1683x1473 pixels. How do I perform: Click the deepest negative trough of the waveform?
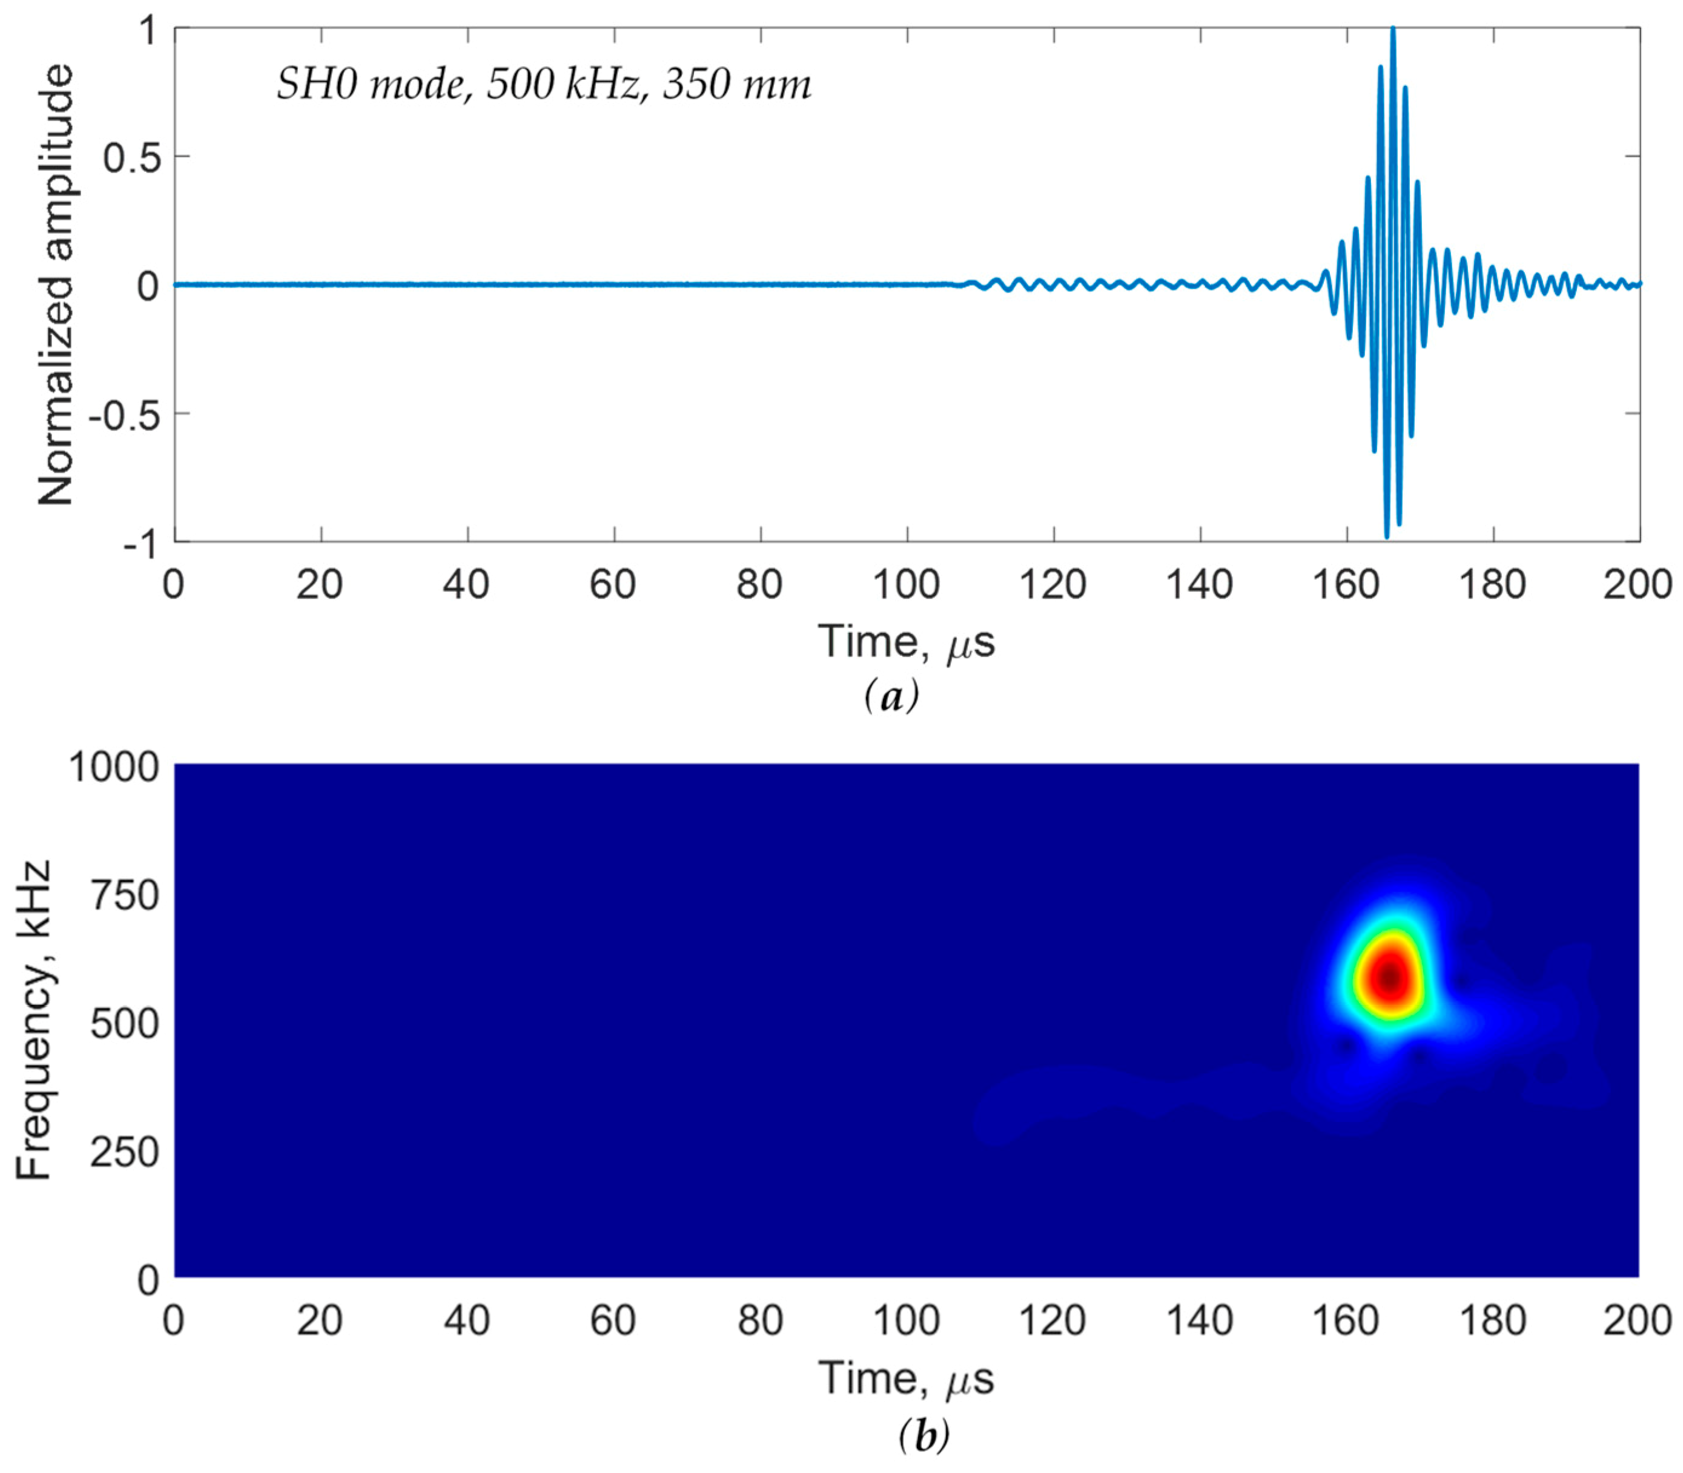coord(1387,536)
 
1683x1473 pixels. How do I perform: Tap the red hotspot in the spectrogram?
coord(1389,977)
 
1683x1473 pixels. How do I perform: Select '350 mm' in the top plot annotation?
coord(736,85)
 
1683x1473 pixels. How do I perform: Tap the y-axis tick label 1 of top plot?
coord(148,31)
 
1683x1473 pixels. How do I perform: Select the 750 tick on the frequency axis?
coord(124,895)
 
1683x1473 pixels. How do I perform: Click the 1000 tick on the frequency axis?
coord(113,767)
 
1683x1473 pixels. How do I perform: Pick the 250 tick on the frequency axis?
coord(124,1152)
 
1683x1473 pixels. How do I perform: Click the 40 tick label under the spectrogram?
coord(466,1321)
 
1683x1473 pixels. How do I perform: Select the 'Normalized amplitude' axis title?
coord(56,285)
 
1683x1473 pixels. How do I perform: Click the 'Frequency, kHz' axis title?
coord(35,1020)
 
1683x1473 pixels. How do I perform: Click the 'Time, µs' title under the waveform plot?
coord(906,642)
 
